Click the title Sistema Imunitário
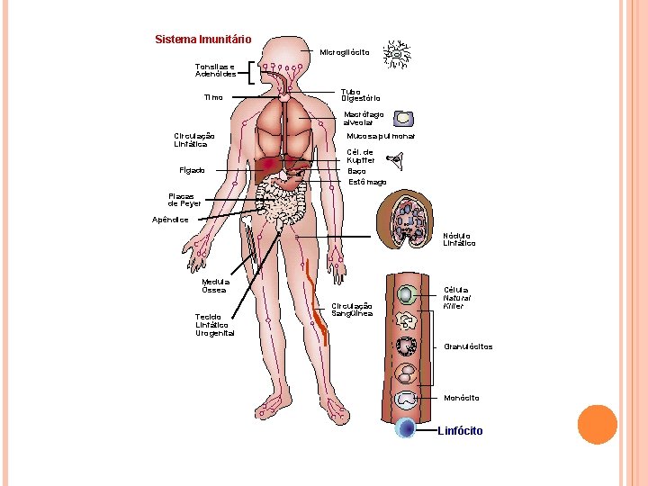click(x=202, y=40)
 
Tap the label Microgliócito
click(x=345, y=52)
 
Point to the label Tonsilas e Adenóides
click(x=215, y=70)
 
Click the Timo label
click(x=213, y=97)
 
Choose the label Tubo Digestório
click(x=360, y=94)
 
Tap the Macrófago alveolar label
click(x=364, y=118)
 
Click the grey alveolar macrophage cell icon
click(x=406, y=119)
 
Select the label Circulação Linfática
click(x=193, y=139)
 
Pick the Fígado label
click(x=192, y=170)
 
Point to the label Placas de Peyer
click(x=184, y=200)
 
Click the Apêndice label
click(x=170, y=220)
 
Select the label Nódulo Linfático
click(x=459, y=239)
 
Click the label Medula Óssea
click(x=215, y=285)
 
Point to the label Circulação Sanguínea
click(x=351, y=309)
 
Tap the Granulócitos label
click(x=468, y=346)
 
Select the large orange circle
click(x=597, y=424)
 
